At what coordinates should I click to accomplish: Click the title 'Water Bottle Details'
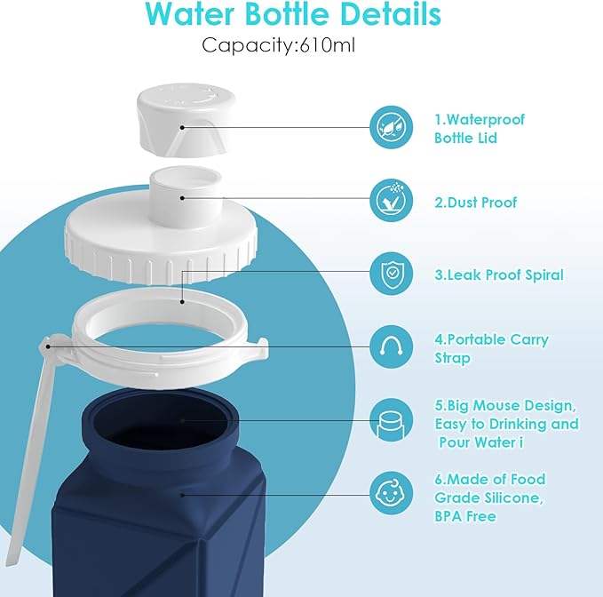293,14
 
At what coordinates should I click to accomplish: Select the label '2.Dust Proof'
475,203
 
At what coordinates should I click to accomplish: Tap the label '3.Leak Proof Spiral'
498,275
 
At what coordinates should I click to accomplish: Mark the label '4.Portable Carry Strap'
491,348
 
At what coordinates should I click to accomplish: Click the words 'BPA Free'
464,516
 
